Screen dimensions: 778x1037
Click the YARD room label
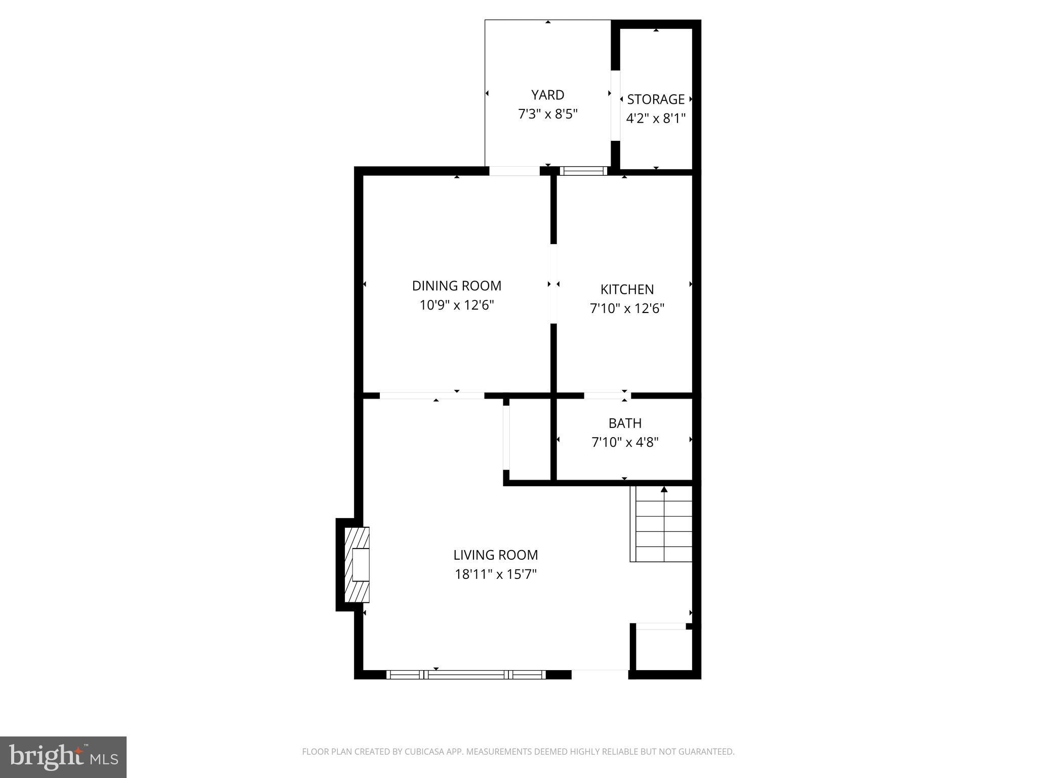[547, 95]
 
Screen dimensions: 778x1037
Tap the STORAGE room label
[656, 99]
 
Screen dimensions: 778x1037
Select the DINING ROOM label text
[457, 286]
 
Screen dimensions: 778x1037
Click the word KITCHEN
[627, 289]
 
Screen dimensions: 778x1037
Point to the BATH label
[625, 423]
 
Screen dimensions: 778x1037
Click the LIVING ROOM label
[495, 555]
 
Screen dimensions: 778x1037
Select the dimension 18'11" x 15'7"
[495, 574]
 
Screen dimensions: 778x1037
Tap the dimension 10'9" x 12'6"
[457, 305]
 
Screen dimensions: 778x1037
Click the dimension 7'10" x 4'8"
[625, 443]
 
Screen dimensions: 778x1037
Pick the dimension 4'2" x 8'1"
[656, 119]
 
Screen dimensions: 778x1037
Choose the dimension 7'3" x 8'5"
[547, 114]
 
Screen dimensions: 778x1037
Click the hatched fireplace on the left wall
[356, 564]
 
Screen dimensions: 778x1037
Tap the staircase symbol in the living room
[661, 527]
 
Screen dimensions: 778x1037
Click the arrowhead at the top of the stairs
[664, 489]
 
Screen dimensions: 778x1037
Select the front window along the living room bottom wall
[466, 674]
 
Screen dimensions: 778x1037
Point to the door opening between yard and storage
[615, 105]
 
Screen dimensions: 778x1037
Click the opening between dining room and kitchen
[553, 284]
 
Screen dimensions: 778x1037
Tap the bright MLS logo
[63, 757]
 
